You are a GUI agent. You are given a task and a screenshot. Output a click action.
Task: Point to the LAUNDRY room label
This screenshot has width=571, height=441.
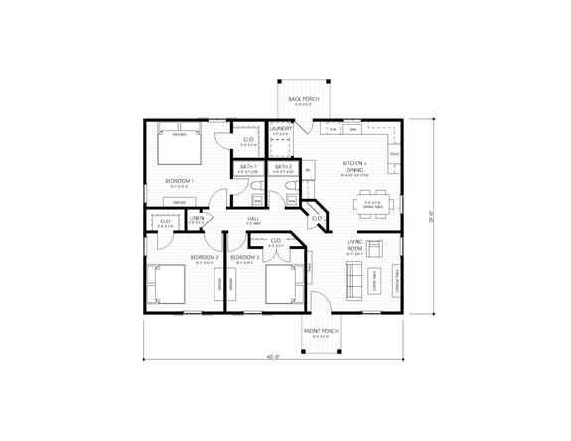(279, 129)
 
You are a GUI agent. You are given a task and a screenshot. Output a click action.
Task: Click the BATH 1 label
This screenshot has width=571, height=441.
(247, 167)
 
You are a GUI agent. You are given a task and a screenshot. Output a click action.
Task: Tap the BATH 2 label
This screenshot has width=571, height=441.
(283, 167)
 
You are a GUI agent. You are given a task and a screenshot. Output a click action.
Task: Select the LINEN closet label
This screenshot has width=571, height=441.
(198, 218)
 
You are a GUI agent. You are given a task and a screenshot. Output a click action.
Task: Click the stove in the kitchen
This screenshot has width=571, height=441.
(394, 155)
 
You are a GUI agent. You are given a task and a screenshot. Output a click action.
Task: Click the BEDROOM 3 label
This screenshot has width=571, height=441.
(244, 258)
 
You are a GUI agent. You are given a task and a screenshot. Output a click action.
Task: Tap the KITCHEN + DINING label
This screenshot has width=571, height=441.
(355, 166)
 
